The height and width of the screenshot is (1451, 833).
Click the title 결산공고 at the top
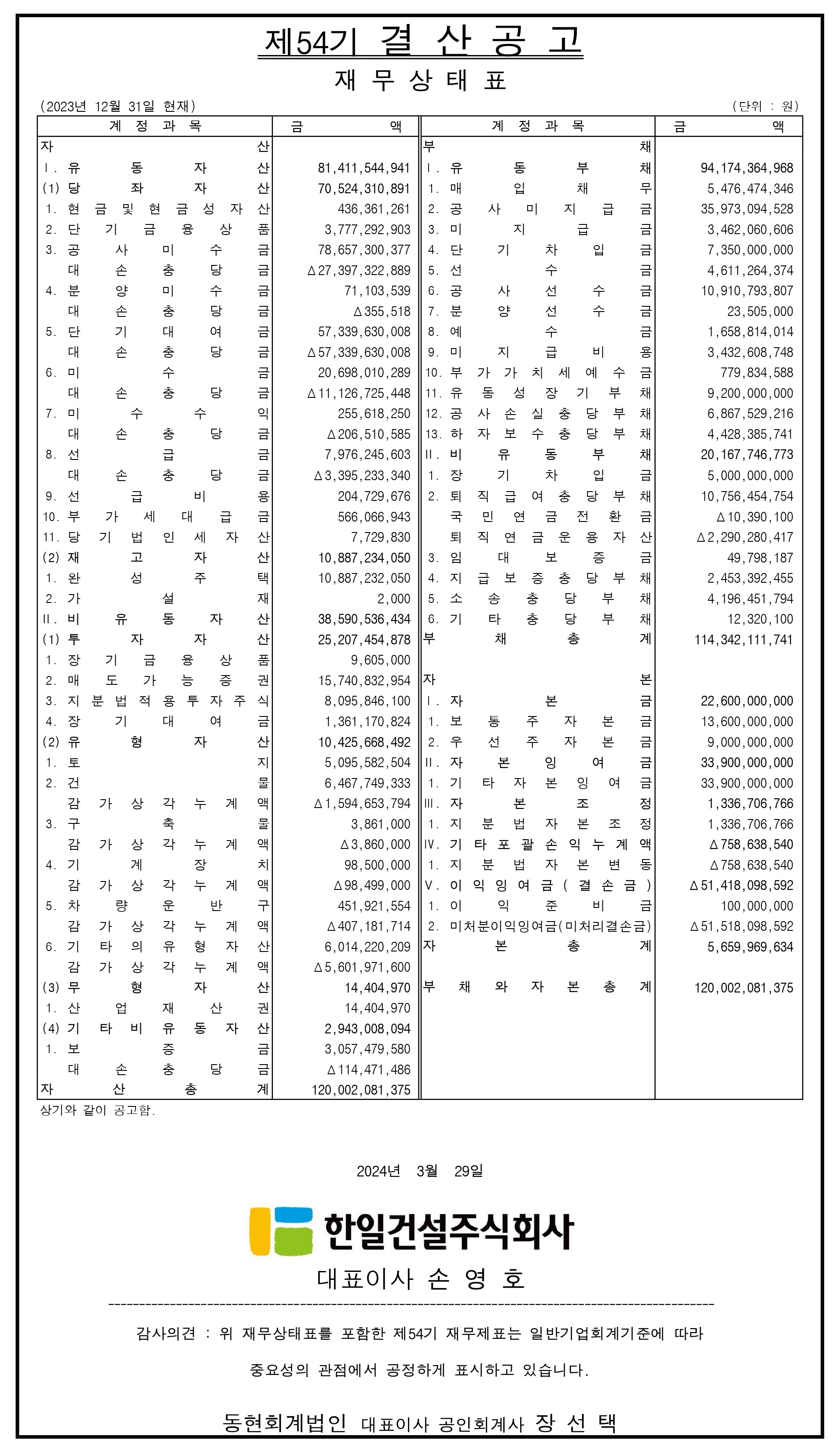(481, 41)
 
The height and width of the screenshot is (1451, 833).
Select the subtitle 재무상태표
(421, 81)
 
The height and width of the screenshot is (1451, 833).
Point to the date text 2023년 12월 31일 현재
(118, 107)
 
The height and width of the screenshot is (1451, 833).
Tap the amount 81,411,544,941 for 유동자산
(364, 168)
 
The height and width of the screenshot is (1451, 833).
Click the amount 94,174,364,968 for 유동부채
(747, 168)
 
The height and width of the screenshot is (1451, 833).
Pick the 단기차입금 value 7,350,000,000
(750, 250)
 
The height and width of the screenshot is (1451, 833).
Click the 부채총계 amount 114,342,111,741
(743, 639)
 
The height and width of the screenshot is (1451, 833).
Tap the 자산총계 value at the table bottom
(361, 1090)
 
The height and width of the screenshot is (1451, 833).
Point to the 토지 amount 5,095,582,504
(367, 763)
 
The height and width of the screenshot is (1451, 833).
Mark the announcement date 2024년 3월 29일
(420, 1171)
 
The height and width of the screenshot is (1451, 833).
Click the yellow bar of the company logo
(260, 1231)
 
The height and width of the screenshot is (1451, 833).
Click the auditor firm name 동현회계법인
(284, 1423)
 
